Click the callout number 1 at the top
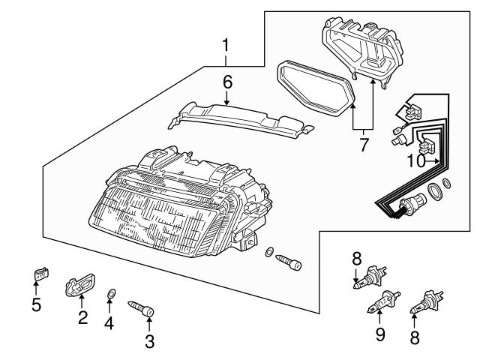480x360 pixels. tap(225, 47)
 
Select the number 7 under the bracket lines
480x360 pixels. tap(364, 145)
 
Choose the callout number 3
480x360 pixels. tap(149, 342)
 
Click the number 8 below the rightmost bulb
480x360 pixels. tap(414, 337)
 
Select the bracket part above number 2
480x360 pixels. tap(81, 286)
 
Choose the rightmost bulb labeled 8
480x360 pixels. tap(426, 301)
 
